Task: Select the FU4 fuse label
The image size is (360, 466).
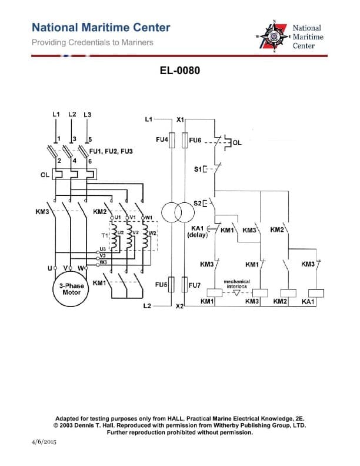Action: (162, 141)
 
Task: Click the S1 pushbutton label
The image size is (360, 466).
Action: (199, 169)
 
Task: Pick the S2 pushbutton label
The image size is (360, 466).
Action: (198, 204)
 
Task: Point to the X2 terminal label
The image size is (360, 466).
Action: (180, 307)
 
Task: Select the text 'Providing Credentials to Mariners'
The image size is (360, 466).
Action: (92, 42)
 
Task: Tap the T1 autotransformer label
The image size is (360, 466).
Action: (105, 234)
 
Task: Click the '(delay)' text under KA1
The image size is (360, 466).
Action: (196, 235)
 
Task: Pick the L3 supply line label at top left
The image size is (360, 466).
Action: (88, 114)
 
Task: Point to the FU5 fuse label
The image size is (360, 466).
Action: (162, 285)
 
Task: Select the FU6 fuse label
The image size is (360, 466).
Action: (195, 141)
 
